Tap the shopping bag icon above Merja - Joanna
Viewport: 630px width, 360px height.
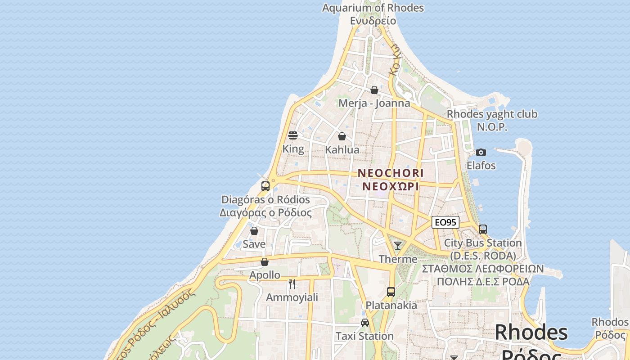(374, 90)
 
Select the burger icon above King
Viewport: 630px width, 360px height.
(293, 135)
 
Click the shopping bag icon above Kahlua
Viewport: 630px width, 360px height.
(342, 136)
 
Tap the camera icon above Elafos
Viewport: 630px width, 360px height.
(481, 152)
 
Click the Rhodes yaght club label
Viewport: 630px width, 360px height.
(492, 114)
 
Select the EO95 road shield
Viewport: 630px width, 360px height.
(445, 222)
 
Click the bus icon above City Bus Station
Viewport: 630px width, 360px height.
(483, 229)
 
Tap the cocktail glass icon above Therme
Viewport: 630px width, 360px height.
(398, 246)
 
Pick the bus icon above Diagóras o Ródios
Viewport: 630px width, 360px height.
(265, 186)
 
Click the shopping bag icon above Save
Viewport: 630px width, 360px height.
(254, 231)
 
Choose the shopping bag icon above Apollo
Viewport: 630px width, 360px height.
(265, 262)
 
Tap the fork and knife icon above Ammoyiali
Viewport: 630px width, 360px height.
(292, 283)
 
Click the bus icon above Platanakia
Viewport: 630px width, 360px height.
(391, 292)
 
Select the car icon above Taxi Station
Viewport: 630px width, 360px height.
(365, 323)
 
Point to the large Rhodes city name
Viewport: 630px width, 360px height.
(531, 333)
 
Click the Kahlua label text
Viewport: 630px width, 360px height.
(342, 150)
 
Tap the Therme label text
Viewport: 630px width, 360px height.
(398, 259)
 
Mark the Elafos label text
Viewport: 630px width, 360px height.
(481, 166)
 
